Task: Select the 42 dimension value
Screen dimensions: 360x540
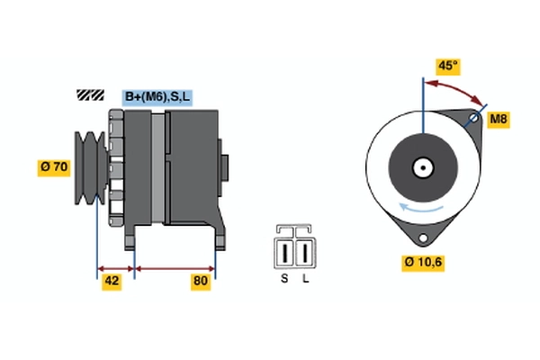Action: pyautogui.click(x=112, y=282)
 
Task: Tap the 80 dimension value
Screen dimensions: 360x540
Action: pyautogui.click(x=200, y=282)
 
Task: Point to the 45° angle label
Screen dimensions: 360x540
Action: pyautogui.click(x=447, y=65)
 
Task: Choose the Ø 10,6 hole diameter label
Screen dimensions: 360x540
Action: pyautogui.click(x=423, y=262)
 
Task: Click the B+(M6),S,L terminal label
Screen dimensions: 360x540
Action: pyautogui.click(x=158, y=96)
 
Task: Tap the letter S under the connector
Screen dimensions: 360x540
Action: pyautogui.click(x=284, y=279)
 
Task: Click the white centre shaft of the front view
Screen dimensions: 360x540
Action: pyautogui.click(x=421, y=167)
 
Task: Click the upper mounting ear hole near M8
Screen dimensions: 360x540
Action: pyautogui.click(x=477, y=119)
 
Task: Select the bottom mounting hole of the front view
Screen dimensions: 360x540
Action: pyautogui.click(x=421, y=236)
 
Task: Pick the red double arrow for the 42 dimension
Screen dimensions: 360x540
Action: pyautogui.click(x=114, y=267)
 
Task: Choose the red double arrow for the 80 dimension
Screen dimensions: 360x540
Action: pyautogui.click(x=175, y=267)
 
